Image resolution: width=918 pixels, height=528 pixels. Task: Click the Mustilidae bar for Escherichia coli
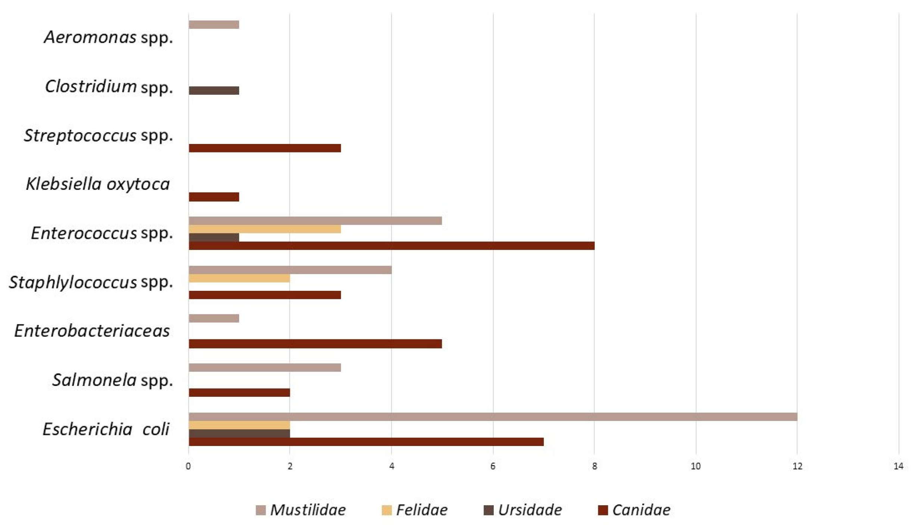(493, 417)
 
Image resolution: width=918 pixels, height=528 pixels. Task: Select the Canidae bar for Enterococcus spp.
(391, 246)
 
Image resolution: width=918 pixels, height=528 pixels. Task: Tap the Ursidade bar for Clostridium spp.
(214, 90)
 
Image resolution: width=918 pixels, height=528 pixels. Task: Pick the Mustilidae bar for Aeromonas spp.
(214, 25)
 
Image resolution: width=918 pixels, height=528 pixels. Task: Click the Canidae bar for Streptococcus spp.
(265, 148)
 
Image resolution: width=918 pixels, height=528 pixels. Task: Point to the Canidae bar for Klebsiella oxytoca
(214, 197)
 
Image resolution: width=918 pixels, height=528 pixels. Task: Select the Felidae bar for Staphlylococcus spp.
(239, 279)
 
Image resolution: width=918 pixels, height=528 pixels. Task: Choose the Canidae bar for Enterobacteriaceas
(315, 343)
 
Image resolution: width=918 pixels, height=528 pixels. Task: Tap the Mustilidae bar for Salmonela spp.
(265, 368)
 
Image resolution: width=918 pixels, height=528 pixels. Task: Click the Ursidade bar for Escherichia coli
(239, 433)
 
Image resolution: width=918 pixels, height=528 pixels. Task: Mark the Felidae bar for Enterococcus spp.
(265, 229)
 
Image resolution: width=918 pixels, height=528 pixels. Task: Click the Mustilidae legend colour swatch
(260, 510)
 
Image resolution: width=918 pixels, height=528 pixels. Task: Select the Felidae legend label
(422, 510)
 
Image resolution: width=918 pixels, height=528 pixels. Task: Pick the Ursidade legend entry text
(530, 510)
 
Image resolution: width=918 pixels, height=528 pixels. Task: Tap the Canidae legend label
(641, 510)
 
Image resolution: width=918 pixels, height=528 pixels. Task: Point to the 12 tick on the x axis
(797, 466)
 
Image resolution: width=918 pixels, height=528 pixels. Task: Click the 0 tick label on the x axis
(188, 466)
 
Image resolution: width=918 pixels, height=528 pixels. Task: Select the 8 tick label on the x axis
(594, 466)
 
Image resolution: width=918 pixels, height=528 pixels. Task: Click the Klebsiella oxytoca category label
(98, 184)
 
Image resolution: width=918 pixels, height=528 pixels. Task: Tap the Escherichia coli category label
(106, 429)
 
